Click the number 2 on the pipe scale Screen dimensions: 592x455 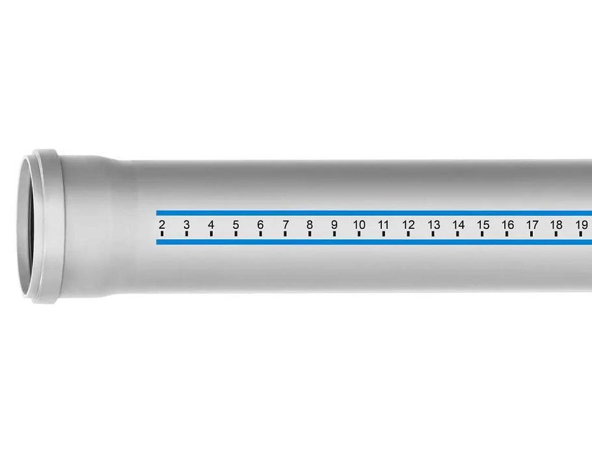coord(162,225)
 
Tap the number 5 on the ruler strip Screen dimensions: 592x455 coord(235,225)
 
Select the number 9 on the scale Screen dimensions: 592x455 coord(334,225)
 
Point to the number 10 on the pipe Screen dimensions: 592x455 coord(359,225)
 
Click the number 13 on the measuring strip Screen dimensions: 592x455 coord(433,225)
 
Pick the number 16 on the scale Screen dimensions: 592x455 coord(507,225)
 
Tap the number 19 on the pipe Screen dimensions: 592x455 coord(582,225)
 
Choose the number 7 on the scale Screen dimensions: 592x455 coord(286,225)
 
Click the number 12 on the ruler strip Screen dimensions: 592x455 coord(408,225)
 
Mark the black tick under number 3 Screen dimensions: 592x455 coord(187,234)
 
